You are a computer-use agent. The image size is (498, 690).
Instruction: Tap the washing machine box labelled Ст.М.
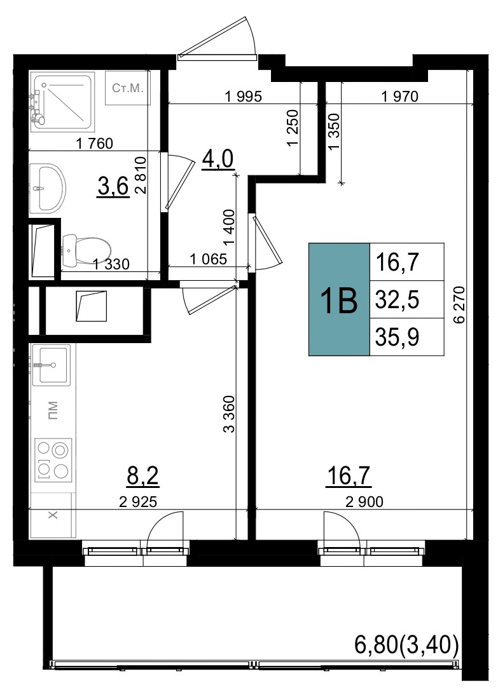point(128,88)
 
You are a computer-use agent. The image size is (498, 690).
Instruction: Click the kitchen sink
point(52,365)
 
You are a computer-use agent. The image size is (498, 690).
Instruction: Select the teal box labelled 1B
point(339,299)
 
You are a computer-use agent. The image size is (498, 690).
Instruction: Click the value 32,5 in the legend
point(397,300)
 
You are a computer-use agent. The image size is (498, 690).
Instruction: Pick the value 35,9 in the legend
point(397,337)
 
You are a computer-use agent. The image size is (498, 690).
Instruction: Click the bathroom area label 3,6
point(113,187)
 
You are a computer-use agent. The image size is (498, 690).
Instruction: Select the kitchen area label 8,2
point(142,476)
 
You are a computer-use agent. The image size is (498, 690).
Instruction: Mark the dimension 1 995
point(243,97)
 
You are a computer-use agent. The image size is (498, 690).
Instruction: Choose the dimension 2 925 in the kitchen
point(138,501)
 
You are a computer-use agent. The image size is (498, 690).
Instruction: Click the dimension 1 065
point(208,259)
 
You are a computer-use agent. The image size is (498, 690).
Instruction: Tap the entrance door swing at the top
point(218,38)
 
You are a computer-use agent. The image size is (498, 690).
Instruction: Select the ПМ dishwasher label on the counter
point(53,410)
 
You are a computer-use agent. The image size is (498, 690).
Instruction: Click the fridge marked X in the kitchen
point(52,515)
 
